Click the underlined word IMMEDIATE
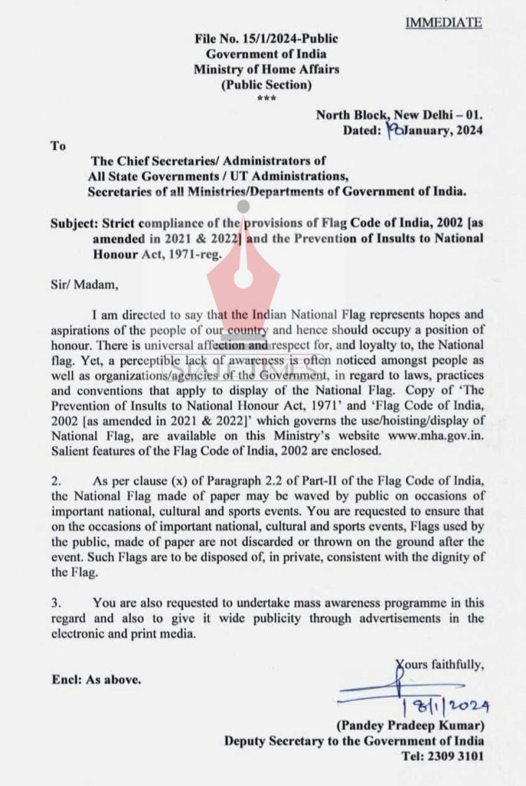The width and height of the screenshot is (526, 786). click(x=443, y=22)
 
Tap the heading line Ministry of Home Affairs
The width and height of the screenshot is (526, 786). click(x=266, y=69)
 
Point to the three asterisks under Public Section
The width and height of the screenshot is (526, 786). click(x=266, y=99)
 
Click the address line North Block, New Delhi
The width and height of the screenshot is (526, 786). click(x=399, y=115)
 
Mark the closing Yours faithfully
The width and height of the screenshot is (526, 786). click(x=440, y=665)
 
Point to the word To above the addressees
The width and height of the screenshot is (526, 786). click(x=58, y=145)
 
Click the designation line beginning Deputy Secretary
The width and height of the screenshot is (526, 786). click(x=354, y=741)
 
